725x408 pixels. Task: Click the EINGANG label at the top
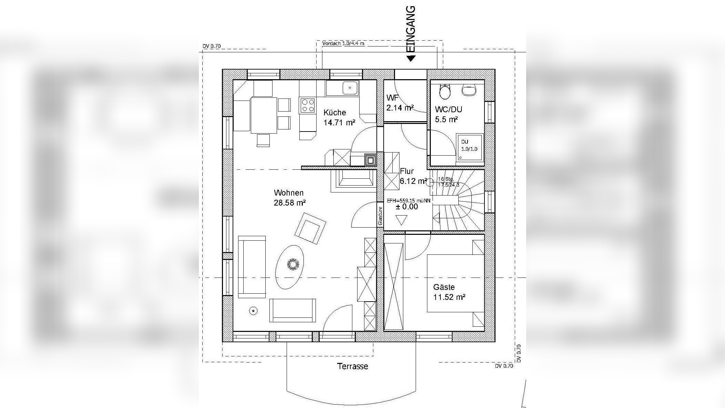[411, 29]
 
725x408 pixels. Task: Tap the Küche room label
[335, 113]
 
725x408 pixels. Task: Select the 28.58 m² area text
[290, 203]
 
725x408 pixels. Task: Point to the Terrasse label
[353, 366]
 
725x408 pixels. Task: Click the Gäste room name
[444, 287]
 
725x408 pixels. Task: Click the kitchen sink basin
[350, 88]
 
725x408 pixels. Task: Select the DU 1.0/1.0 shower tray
[470, 147]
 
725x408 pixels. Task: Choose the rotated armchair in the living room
[310, 228]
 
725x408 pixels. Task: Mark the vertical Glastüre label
[380, 216]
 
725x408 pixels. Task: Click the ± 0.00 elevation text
[407, 207]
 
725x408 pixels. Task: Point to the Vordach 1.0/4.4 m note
[343, 43]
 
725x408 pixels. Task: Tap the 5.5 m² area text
[446, 120]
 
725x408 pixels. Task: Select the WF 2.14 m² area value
[400, 108]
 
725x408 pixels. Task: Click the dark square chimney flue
[370, 160]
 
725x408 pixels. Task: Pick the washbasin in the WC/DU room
[468, 90]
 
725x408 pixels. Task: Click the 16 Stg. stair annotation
[446, 179]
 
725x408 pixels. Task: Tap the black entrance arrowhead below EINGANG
[411, 59]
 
